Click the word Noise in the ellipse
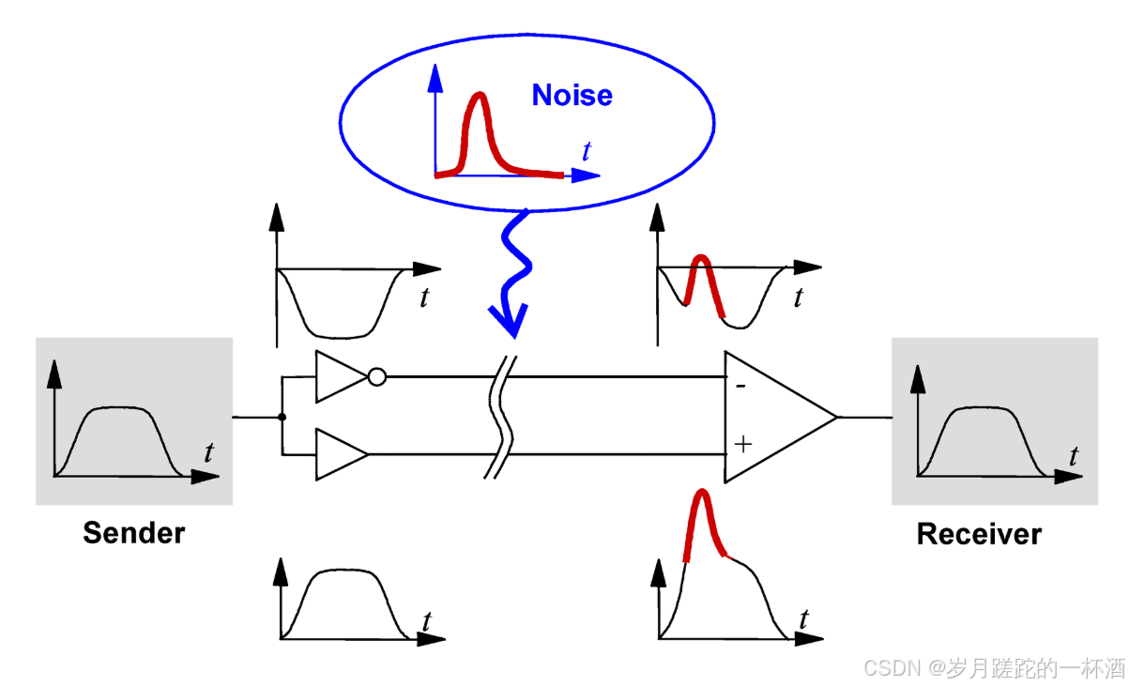coord(572,95)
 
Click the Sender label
coord(133,533)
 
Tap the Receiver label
coord(979,534)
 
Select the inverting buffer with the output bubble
coord(340,377)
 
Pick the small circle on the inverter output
coord(376,377)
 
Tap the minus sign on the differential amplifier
coord(740,384)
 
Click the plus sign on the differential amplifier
coord(742,444)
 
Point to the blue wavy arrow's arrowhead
coord(508,323)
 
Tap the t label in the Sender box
coord(208,453)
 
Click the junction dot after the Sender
coord(282,416)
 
